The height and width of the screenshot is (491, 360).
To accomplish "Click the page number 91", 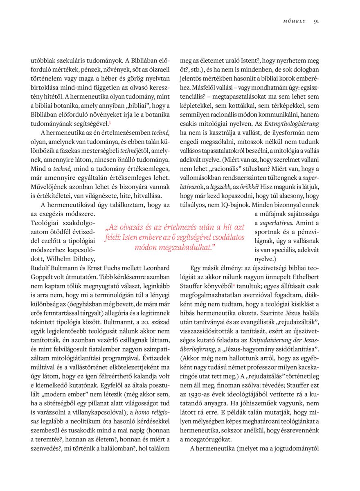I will pos(316,21).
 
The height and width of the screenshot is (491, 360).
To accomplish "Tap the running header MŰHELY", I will pos(295,21).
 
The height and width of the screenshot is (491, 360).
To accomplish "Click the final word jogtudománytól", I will pos(298,449).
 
